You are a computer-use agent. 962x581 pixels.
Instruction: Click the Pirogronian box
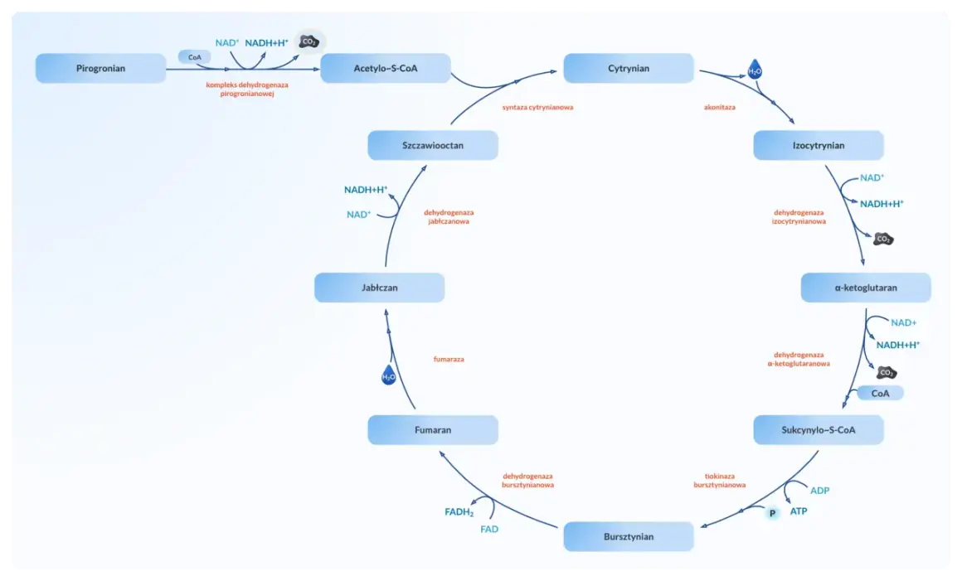100,68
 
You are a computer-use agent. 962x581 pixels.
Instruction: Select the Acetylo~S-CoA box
386,68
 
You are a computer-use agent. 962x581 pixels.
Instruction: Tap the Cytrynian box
629,68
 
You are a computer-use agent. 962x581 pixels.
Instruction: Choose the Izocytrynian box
819,145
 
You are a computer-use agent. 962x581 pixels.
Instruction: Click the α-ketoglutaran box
866,288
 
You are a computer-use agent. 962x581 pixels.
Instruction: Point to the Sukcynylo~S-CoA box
819,429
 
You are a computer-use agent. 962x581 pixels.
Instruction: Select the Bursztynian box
629,536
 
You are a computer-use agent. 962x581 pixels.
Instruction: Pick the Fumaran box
433,429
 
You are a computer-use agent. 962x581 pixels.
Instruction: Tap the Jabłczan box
379,288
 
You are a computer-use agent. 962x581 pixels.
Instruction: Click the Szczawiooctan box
433,145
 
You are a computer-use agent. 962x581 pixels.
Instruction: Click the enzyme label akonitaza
719,107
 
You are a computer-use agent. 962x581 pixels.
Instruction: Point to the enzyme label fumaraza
449,359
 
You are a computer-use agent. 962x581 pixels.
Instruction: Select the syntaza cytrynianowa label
537,107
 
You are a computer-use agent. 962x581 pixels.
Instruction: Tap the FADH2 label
459,511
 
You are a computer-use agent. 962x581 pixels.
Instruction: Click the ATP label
798,511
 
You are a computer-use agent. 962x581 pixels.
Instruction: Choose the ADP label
819,491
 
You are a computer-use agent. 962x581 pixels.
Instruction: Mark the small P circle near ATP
772,513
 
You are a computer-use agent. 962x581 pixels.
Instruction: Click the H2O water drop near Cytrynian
755,70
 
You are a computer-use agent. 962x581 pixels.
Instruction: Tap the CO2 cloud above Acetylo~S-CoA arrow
309,41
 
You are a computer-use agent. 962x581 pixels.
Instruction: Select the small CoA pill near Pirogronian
195,57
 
